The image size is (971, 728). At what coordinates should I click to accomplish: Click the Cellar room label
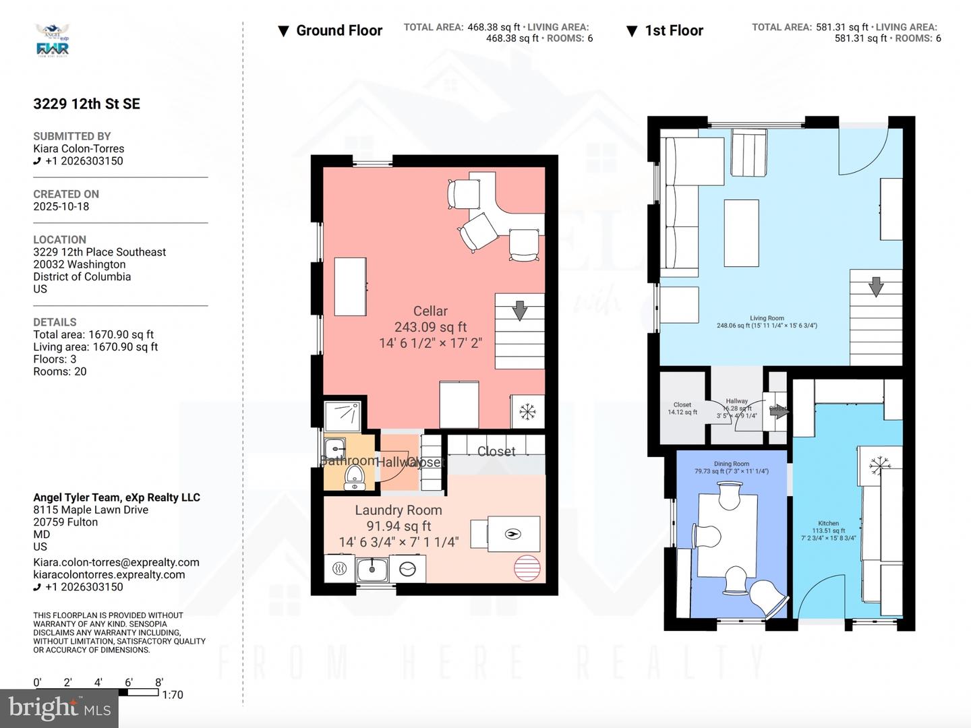point(430,311)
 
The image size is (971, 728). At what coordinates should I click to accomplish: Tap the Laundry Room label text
point(399,510)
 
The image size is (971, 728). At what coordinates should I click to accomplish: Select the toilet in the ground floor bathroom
point(354,478)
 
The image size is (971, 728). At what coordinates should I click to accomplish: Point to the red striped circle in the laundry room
point(528,568)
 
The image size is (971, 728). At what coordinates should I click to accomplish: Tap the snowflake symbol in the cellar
point(527,411)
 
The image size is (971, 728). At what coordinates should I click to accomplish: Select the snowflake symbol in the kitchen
point(879,464)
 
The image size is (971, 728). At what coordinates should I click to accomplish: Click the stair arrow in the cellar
point(519,311)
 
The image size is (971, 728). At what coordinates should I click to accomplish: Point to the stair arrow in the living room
point(875,286)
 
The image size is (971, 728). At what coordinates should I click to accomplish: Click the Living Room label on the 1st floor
point(767,318)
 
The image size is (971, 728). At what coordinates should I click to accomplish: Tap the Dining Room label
point(732,464)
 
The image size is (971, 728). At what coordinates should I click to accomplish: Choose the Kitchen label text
point(828,523)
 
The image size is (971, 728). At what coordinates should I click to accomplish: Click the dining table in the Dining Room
point(728,536)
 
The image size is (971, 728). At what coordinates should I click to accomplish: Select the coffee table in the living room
point(741,233)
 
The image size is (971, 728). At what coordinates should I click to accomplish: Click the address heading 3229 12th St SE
point(87,104)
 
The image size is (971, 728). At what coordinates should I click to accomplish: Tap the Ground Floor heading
point(339,31)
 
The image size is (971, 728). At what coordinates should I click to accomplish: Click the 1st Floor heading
point(673,31)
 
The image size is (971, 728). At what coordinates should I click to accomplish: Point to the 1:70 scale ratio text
point(173,695)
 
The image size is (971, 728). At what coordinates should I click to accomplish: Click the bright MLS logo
point(59,708)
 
